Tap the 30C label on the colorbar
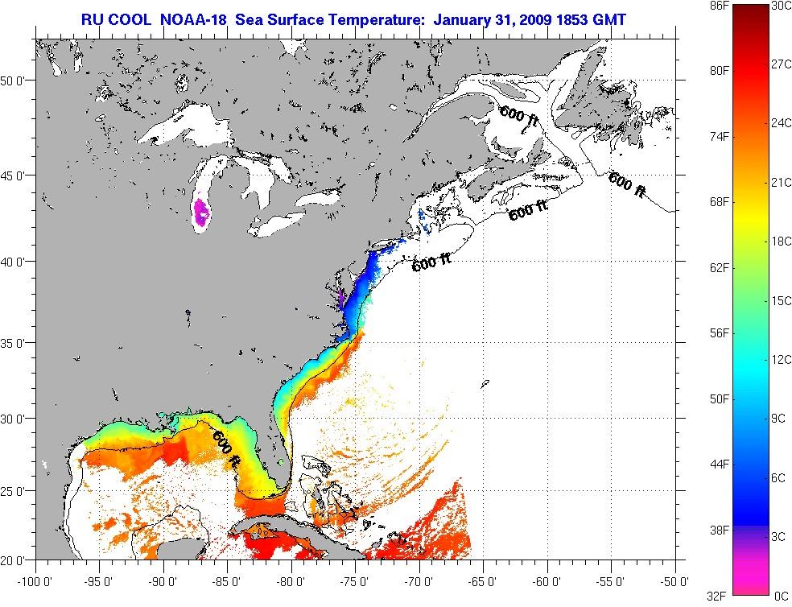(781, 5)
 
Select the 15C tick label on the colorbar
(781, 300)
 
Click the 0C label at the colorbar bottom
(780, 596)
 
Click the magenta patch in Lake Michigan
(201, 214)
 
